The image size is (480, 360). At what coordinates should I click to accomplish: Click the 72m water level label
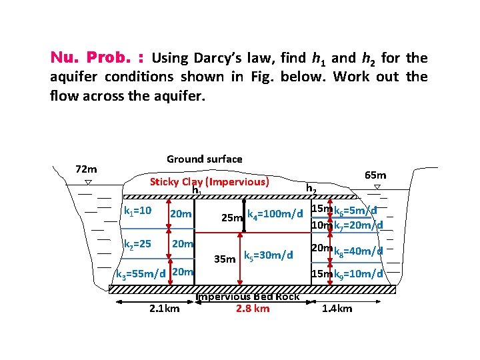(x=86, y=169)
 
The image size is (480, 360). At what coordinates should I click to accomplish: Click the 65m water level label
(x=375, y=175)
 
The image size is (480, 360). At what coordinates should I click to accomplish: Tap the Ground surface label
(x=205, y=159)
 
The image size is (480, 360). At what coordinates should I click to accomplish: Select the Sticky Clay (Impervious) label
(x=209, y=181)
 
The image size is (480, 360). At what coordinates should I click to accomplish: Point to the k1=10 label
(x=139, y=211)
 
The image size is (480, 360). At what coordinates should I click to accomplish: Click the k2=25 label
(x=138, y=245)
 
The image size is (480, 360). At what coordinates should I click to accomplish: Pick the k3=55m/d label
(x=141, y=273)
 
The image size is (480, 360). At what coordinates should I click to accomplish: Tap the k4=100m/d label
(x=275, y=214)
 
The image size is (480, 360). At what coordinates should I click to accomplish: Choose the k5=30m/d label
(x=269, y=255)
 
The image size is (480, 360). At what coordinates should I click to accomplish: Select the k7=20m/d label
(x=358, y=225)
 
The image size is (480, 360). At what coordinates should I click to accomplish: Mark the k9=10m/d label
(x=358, y=273)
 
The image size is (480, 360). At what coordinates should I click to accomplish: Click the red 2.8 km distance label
(x=253, y=308)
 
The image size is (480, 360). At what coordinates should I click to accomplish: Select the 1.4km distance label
(x=337, y=309)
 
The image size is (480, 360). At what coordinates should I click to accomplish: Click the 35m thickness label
(x=225, y=258)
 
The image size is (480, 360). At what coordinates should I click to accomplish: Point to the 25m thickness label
(x=231, y=218)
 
